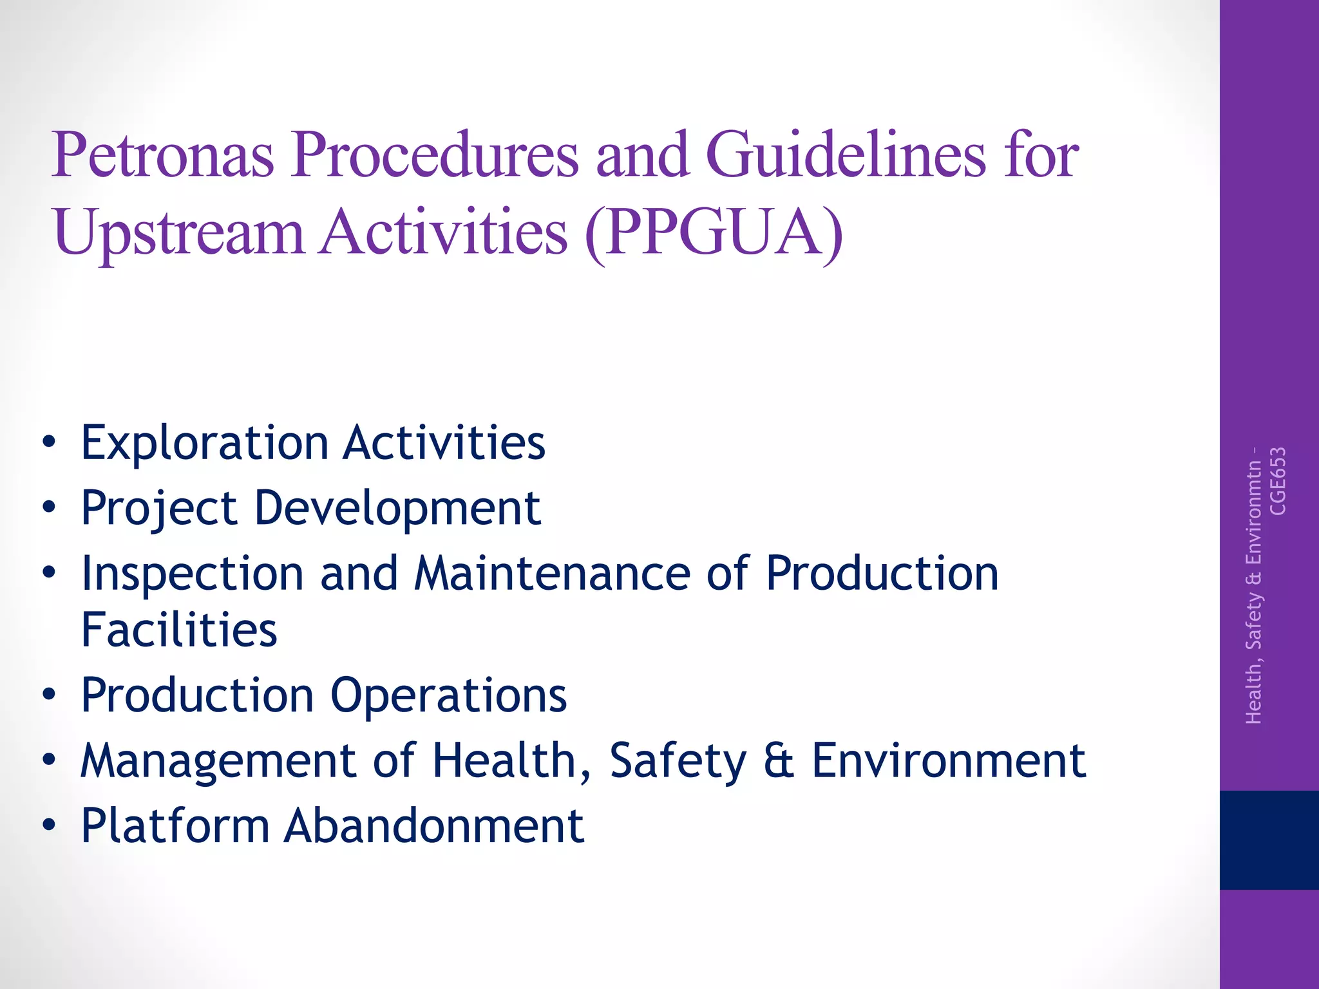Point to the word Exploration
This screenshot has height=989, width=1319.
click(x=205, y=444)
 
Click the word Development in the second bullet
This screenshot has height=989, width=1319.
click(x=397, y=509)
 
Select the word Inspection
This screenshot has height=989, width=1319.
click(x=192, y=574)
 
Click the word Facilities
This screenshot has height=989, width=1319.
click(x=179, y=630)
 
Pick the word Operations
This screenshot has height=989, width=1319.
click(x=448, y=696)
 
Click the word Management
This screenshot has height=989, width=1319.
click(x=218, y=761)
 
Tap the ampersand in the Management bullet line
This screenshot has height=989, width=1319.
click(x=779, y=761)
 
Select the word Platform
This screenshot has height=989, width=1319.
click(x=175, y=826)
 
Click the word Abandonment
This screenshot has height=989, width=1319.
click(x=435, y=826)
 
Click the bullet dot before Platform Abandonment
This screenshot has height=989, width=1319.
click(x=49, y=825)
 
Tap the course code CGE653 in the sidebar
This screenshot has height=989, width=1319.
click(x=1278, y=481)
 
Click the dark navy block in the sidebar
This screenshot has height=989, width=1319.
click(x=1269, y=840)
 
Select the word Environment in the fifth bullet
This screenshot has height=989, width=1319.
click(x=949, y=761)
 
